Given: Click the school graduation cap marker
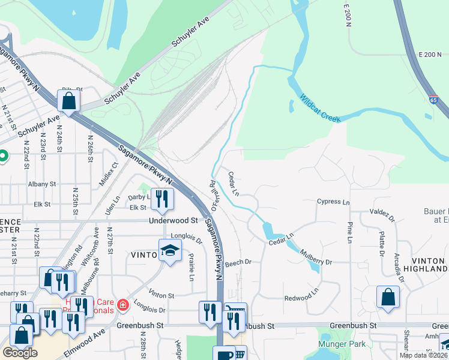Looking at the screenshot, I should (170, 251).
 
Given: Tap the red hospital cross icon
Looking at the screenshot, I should (123, 305).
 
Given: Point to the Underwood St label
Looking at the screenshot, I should (173, 220).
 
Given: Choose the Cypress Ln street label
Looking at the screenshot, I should (333, 202).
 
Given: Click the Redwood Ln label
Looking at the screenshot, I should (298, 298).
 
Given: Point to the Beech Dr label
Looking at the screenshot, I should (238, 262).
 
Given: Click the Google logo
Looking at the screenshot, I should (20, 353).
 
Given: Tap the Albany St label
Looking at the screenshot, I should (41, 184).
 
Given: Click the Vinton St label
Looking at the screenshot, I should (161, 295).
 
